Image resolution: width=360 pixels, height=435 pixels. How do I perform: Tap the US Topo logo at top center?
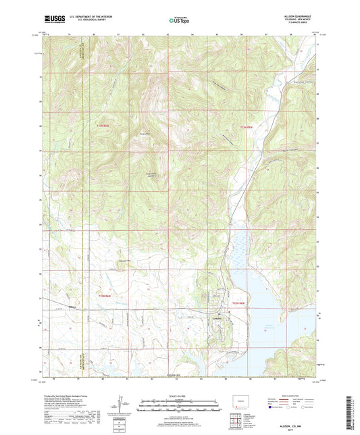coord(179,20)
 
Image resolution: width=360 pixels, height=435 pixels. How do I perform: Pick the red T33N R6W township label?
coord(102,126)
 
